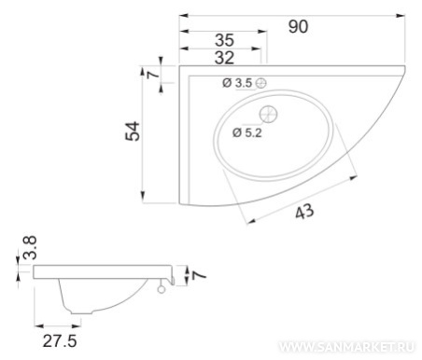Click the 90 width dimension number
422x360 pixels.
pyautogui.click(x=298, y=27)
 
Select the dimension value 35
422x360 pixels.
pyautogui.click(x=224, y=40)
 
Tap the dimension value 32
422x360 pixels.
pyautogui.click(x=224, y=58)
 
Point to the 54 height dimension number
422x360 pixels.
pyautogui.click(x=133, y=132)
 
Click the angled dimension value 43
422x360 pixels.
pyautogui.click(x=304, y=212)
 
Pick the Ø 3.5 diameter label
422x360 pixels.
pyautogui.click(x=237, y=83)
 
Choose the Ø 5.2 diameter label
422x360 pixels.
pyautogui.click(x=247, y=132)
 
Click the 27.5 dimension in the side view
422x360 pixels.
pyautogui.click(x=60, y=341)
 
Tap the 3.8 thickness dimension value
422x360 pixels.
pyautogui.click(x=30, y=247)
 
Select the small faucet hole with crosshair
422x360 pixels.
pyautogui.click(x=261, y=83)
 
